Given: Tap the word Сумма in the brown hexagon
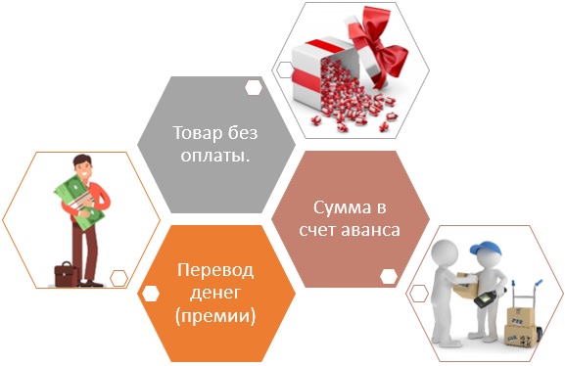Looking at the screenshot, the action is [342, 207].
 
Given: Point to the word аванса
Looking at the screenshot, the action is [370, 230].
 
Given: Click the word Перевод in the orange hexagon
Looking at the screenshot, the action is [215, 270].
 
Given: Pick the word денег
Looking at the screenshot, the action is [214, 293].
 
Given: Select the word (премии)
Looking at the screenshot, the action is [215, 316].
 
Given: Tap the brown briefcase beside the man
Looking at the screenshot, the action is [67, 274].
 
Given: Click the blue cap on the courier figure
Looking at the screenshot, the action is [486, 249].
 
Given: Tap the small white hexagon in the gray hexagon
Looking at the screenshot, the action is [254, 87].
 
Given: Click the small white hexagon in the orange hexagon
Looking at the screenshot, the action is [150, 294].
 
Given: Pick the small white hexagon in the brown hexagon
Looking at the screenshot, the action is [389, 276].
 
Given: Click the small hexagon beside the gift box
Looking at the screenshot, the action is [285, 69].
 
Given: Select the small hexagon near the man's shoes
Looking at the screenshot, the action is [118, 278].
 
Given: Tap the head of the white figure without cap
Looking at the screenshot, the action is [445, 252].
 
